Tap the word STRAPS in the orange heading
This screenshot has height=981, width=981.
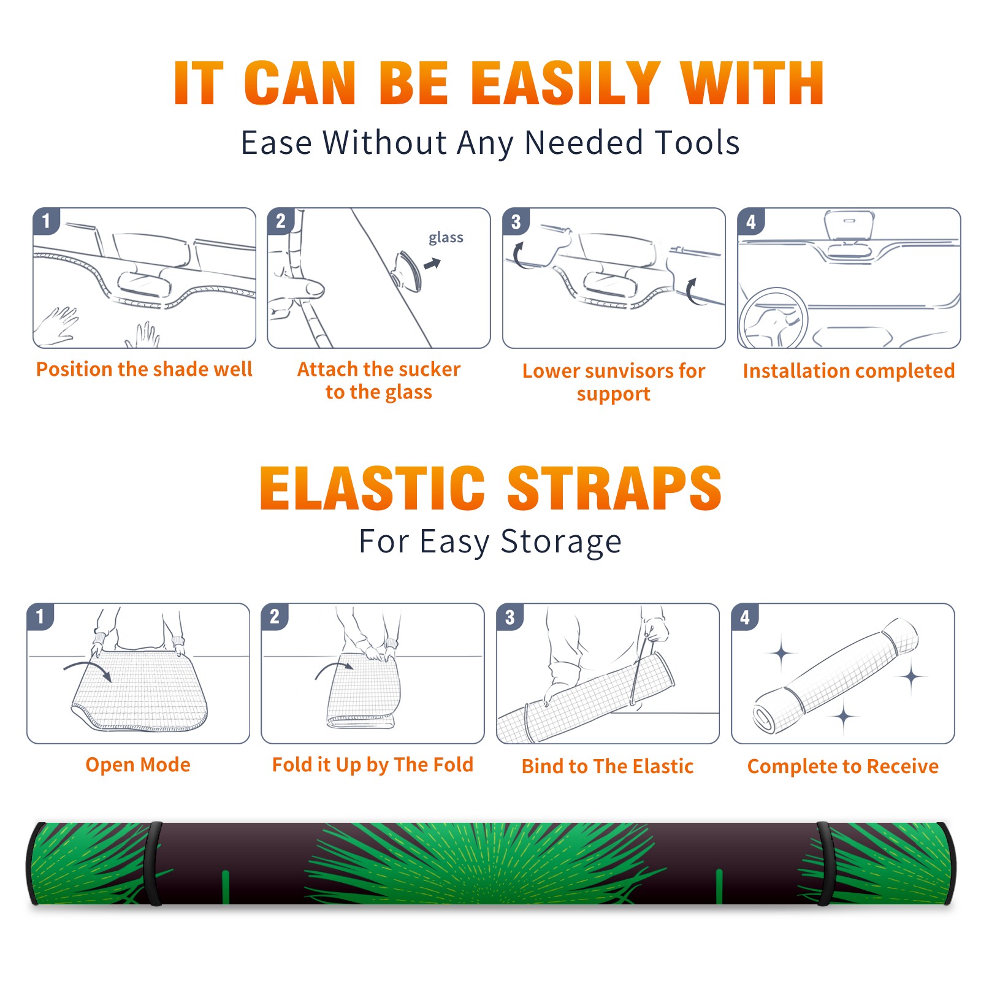(614, 488)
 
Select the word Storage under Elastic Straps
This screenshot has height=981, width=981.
(560, 543)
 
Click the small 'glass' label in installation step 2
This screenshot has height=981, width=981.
(446, 238)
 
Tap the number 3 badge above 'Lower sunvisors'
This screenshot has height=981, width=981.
(516, 221)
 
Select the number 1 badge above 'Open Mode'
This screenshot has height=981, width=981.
(40, 616)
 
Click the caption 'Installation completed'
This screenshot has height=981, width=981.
(849, 371)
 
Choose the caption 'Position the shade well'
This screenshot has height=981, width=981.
(144, 369)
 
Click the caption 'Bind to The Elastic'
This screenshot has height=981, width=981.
(608, 766)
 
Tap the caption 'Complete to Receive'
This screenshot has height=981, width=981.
(843, 766)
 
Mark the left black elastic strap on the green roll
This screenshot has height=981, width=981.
(153, 864)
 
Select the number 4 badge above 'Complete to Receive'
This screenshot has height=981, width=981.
(745, 617)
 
